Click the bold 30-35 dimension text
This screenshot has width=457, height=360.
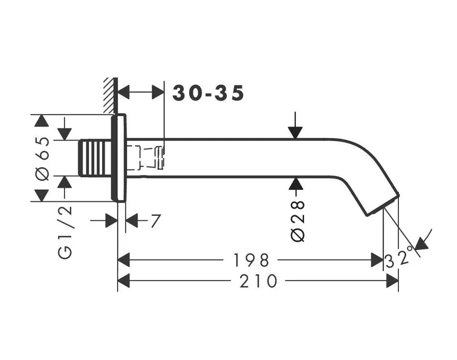pos(208,93)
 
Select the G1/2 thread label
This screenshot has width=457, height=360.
pos(65,232)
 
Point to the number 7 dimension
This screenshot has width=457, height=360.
pos(155,222)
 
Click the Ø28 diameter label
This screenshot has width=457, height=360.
pos(298,222)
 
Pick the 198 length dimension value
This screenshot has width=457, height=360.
pos(251,260)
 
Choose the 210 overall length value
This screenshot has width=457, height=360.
pos(259,282)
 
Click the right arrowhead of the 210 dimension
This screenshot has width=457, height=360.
pos(393,282)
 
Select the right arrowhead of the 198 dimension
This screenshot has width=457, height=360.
pos(378,260)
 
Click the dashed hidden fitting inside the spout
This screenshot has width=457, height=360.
pos(145,157)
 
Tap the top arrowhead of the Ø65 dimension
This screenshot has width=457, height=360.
pos(42,121)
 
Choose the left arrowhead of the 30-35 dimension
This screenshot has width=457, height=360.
pos(124,92)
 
